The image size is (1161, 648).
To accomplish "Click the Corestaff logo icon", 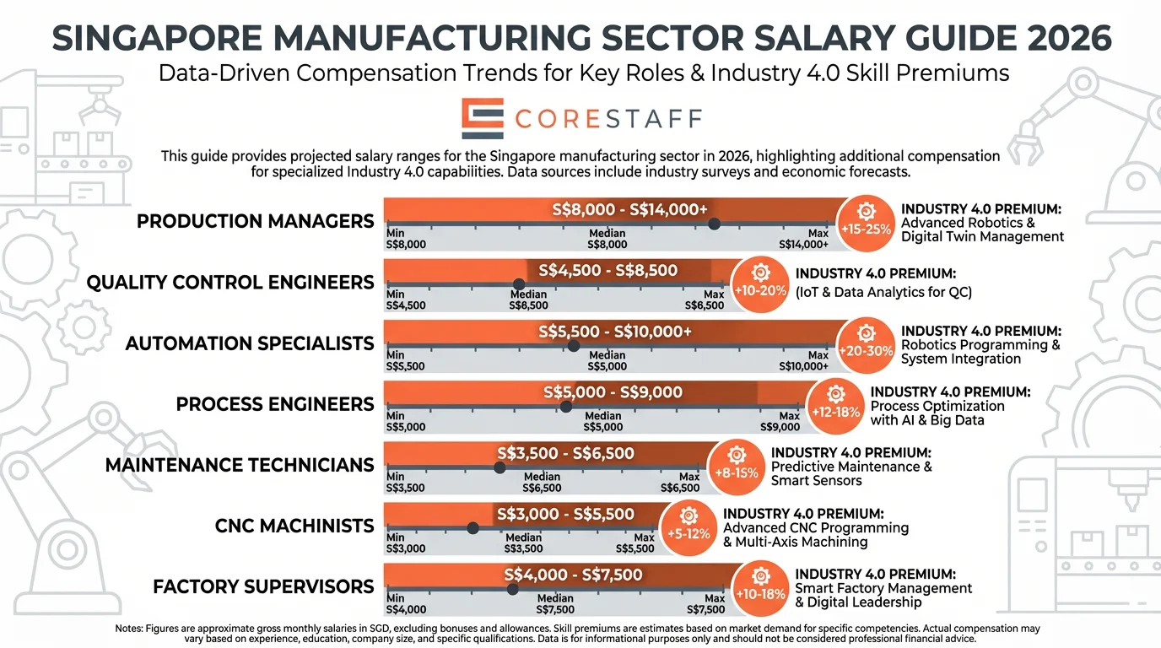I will coord(483,118).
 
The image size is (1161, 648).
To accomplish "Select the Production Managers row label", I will coord(255,222).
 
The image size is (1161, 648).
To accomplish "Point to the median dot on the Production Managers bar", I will coord(714,224).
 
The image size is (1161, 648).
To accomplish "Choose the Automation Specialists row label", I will coord(250,344).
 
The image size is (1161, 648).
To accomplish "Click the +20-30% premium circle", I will coord(865,344).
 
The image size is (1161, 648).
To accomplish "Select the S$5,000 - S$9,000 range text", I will coord(613,392).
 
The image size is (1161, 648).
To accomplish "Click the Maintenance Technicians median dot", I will coord(499,467).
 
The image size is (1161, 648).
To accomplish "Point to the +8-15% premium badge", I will coord(737,466).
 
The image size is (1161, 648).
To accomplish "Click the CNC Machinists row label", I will coord(294,526).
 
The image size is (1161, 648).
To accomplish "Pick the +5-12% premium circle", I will coord(688,526).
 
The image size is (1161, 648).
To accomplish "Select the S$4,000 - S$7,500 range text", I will coord(573,575).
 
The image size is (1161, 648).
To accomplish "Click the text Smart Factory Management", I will coord(883,588).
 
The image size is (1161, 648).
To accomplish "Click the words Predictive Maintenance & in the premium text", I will coord(851,467).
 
